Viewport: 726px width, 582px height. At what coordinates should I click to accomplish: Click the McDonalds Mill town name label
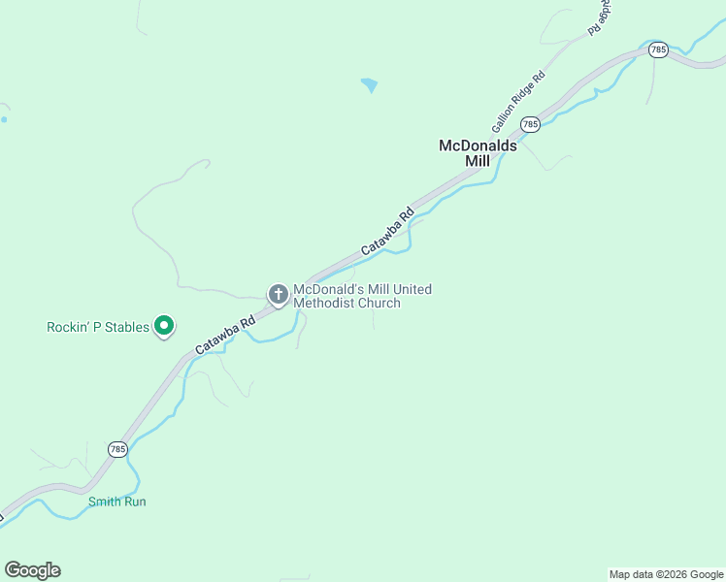[x=478, y=152]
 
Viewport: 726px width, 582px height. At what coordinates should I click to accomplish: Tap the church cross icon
[x=279, y=295]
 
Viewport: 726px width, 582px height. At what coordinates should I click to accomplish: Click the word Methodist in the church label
[x=329, y=304]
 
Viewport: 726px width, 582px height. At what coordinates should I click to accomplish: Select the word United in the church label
[x=411, y=289]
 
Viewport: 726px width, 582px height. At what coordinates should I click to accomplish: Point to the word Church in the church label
[x=378, y=304]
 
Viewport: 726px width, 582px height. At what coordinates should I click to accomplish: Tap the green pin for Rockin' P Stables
[x=164, y=327]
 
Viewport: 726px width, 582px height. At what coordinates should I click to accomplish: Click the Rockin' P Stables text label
[x=98, y=327]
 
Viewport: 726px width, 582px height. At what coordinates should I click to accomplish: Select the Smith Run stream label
[x=116, y=501]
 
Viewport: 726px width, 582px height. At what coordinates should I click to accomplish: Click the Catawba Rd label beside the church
[x=224, y=335]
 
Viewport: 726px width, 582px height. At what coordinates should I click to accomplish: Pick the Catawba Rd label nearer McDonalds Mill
[x=387, y=233]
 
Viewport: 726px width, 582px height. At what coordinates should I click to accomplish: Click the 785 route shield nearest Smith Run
[x=117, y=449]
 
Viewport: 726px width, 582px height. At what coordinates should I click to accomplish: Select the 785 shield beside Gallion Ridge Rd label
[x=530, y=124]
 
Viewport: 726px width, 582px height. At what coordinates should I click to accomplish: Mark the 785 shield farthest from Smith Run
[x=658, y=49]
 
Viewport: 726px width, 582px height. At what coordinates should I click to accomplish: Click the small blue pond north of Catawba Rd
[x=369, y=85]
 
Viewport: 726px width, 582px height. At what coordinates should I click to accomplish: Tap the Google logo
[x=32, y=570]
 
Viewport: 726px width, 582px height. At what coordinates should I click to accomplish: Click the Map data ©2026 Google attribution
[x=666, y=574]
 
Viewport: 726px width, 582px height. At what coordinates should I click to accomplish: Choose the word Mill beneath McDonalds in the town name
[x=478, y=161]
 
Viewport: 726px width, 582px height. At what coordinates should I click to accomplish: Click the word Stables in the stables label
[x=130, y=327]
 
